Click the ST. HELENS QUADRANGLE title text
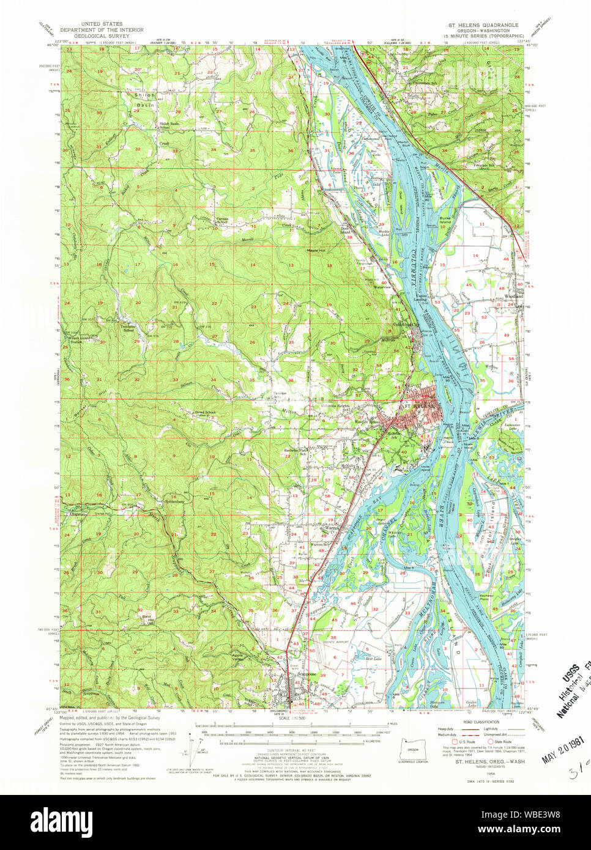click(483, 25)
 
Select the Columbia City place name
click(406, 324)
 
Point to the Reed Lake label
click(373, 659)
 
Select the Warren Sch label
click(319, 544)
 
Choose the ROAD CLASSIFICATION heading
click(481, 722)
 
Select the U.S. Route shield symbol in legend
click(446, 742)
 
